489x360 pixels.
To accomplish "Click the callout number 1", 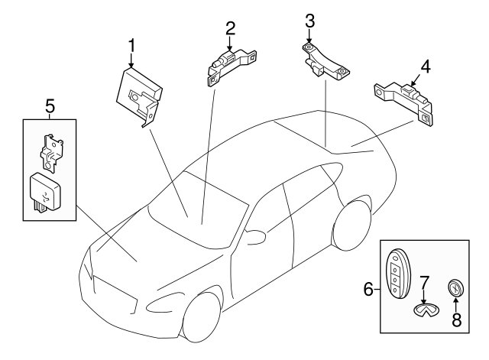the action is [x=131, y=46].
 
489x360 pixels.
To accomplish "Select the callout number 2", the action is [x=230, y=28].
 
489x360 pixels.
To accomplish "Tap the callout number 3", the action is [x=309, y=21].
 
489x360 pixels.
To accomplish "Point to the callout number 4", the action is [x=426, y=66].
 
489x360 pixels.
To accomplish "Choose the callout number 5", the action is [x=50, y=105].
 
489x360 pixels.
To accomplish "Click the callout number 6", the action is [x=368, y=289].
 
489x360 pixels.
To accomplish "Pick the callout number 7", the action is [x=424, y=284].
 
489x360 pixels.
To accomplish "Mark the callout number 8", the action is [x=457, y=319].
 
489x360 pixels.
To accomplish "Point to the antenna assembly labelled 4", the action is [x=403, y=104].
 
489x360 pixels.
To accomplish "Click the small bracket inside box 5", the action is [x=51, y=152].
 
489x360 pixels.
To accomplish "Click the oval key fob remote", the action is [x=398, y=276].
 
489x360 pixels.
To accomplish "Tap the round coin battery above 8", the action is [x=455, y=287].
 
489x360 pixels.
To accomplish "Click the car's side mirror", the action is [x=255, y=236].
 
